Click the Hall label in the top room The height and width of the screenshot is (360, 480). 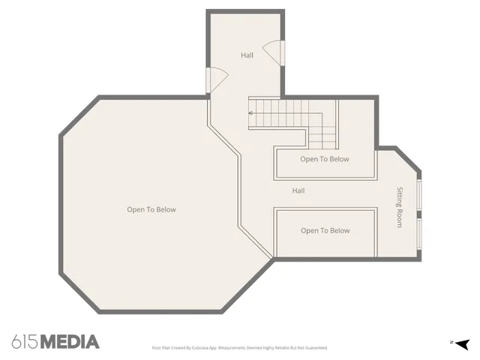247,55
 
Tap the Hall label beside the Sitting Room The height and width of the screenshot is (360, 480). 298,190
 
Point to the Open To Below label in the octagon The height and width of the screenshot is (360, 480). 151,210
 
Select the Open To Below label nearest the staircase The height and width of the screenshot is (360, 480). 325,159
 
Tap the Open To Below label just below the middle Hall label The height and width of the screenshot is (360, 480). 325,231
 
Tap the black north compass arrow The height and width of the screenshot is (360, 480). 462,343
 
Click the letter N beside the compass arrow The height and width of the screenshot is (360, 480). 451,343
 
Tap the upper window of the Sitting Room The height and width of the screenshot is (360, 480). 419,197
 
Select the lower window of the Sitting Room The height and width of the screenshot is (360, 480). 419,238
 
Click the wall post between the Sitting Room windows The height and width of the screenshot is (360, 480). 419,217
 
